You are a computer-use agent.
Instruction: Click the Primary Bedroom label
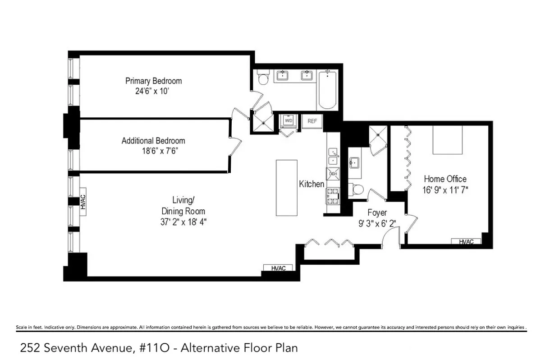point(153,81)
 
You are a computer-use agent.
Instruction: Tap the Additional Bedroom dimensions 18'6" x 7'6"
point(160,151)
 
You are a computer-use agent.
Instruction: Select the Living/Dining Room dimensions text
point(183,222)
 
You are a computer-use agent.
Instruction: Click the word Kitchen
point(312,184)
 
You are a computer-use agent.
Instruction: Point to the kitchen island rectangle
point(287,188)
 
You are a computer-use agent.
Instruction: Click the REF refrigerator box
point(312,121)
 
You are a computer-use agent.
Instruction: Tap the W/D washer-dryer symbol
point(289,121)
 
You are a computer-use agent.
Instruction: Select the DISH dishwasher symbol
point(333,174)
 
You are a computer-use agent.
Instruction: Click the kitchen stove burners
point(333,196)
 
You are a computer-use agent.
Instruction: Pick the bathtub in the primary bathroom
point(327,90)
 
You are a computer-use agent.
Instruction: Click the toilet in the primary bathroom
point(263,77)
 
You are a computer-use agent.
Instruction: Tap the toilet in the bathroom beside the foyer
point(356,189)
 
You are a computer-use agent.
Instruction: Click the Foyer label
point(377,212)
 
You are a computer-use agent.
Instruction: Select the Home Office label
point(445,179)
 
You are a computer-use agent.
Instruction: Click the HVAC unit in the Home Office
point(466,241)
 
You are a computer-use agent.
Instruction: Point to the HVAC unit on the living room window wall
point(83,202)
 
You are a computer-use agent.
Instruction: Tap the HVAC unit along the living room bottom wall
point(278,268)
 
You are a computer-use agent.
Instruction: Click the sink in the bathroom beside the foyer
point(354,162)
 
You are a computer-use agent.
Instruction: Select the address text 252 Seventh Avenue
point(76,348)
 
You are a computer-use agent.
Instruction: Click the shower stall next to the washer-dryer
point(263,123)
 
